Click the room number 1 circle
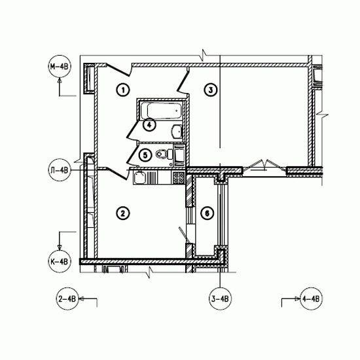(x=123, y=90)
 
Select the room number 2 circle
(x=123, y=213)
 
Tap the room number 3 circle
(x=211, y=90)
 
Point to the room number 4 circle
(x=149, y=125)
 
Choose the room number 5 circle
(x=145, y=155)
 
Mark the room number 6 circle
(x=207, y=213)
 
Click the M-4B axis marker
(x=60, y=67)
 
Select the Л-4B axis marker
(x=60, y=170)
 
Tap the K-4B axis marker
(x=60, y=261)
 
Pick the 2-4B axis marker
(x=67, y=299)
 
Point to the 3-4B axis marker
(x=220, y=299)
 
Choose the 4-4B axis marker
(x=312, y=299)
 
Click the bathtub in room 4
(x=162, y=111)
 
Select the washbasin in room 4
(x=177, y=132)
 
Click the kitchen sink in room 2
(x=139, y=177)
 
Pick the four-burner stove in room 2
(x=179, y=177)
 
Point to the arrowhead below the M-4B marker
(x=60, y=81)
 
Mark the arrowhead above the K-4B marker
(x=60, y=247)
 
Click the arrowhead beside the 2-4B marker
(x=82, y=299)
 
